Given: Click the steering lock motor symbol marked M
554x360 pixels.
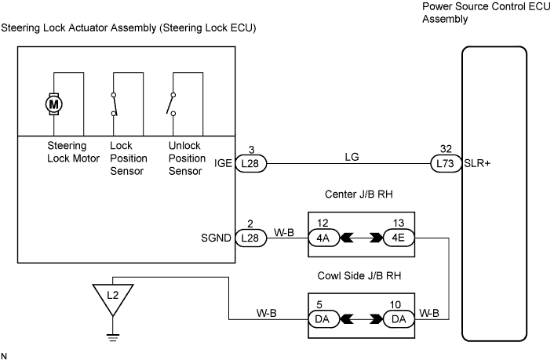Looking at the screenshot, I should [53, 104].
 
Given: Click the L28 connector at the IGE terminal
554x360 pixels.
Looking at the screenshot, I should [250, 164].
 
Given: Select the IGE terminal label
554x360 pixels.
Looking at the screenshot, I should [224, 165].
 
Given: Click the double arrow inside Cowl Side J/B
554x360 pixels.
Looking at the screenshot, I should [361, 320].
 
